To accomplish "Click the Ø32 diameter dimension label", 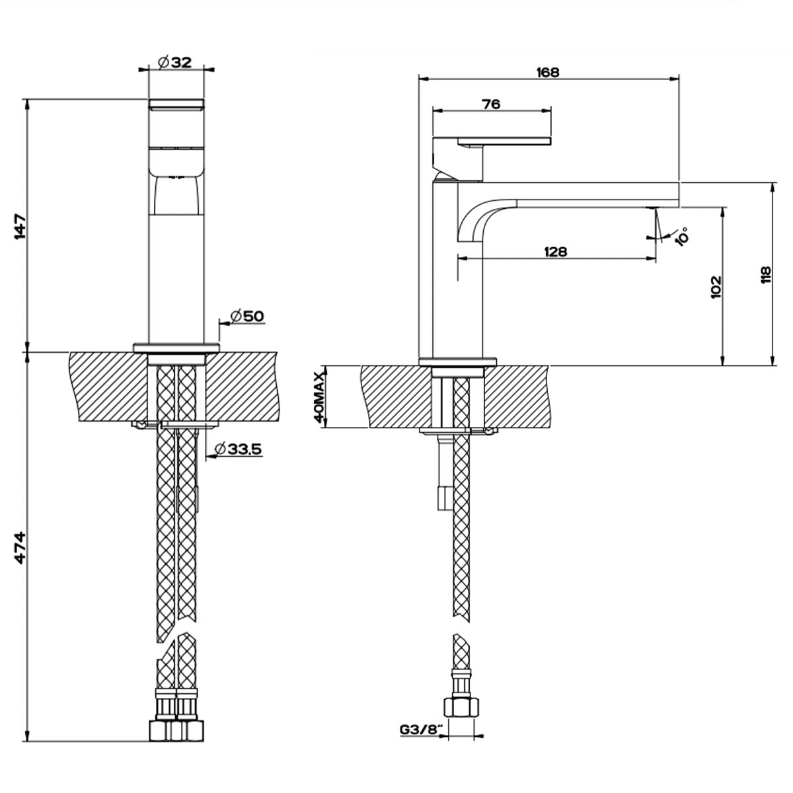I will tap(175, 62).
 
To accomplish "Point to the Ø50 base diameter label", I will tap(247, 317).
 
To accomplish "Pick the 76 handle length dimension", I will tap(491, 104).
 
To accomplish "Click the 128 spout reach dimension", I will tap(556, 251).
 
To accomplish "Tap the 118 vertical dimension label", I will tap(765, 274).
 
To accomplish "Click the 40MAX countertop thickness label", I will tap(319, 397).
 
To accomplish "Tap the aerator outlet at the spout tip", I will tap(653, 209).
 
